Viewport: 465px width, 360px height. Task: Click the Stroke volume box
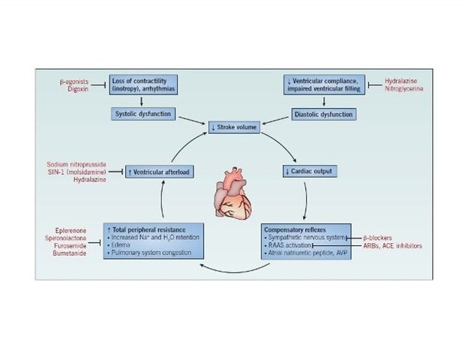232,127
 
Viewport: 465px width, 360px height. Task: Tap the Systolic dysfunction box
143,115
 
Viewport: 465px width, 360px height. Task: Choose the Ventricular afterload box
158,171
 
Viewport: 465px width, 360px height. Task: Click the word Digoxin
77,88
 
